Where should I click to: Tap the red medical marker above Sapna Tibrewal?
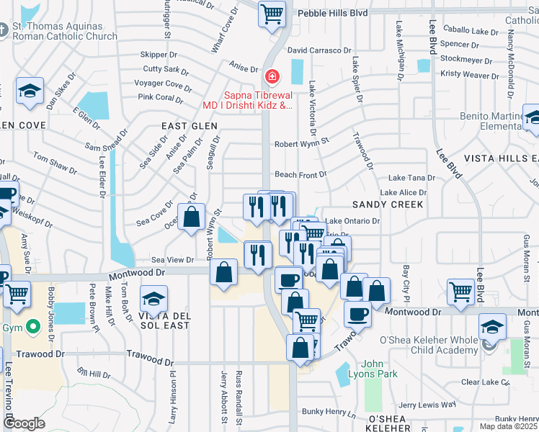[x=272, y=76]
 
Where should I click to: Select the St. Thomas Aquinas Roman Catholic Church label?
[x=65, y=31]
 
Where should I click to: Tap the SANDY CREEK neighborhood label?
[x=387, y=204]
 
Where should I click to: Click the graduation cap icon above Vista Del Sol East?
[x=153, y=298]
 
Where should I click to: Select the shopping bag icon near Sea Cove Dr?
[x=192, y=216]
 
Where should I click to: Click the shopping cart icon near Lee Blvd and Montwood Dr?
[x=460, y=291]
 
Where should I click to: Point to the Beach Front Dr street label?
[x=300, y=174]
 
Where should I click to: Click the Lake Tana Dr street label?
[x=411, y=178]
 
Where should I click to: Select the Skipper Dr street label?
[x=159, y=54]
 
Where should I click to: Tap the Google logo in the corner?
[x=24, y=423]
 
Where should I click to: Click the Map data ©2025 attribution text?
[x=509, y=426]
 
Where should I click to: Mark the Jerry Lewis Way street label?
[x=427, y=405]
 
